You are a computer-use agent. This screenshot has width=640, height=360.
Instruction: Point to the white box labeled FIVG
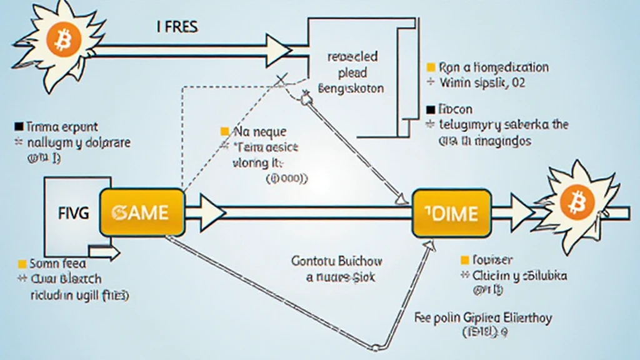click(x=72, y=212)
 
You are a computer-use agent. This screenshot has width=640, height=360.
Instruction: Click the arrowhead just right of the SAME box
click(x=212, y=212)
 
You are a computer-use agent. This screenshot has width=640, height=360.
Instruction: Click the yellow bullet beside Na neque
click(x=224, y=132)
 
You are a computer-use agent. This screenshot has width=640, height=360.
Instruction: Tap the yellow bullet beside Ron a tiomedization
click(x=430, y=67)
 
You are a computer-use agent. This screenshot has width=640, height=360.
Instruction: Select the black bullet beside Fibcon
click(x=430, y=108)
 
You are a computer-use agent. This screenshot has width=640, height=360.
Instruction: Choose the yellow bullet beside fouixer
click(x=464, y=259)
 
